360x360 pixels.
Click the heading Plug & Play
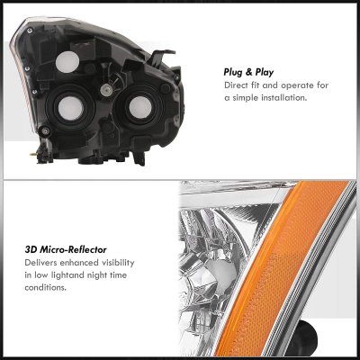[x=248, y=72]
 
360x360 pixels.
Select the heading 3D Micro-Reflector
[x=66, y=249]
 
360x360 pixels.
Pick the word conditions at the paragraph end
[x=46, y=288]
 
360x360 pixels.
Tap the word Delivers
[x=40, y=263]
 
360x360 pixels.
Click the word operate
[x=296, y=85]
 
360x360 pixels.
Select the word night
[x=96, y=275]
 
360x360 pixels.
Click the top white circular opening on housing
[x=67, y=62]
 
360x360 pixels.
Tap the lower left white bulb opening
[x=70, y=108]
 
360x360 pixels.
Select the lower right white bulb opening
[x=140, y=107]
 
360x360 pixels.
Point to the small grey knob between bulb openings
[x=105, y=90]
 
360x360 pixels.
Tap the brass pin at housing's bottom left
[x=32, y=155]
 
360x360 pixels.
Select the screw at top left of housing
[x=30, y=31]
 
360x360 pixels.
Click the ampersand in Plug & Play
[x=248, y=72]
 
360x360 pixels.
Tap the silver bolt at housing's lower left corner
[x=46, y=130]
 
